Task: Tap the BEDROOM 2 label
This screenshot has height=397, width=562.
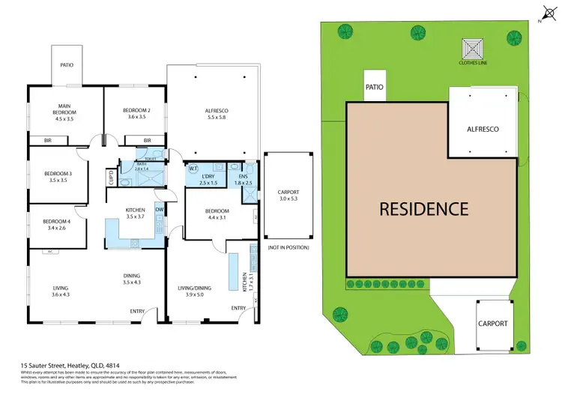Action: coord(137,114)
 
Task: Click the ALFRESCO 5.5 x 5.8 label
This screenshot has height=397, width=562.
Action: coord(216,114)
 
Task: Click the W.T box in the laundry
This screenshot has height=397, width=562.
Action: coord(193,169)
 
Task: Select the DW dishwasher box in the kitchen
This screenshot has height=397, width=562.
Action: coord(159,210)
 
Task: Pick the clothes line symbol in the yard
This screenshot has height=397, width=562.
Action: coord(474,50)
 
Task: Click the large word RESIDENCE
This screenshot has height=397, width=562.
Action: coord(423,208)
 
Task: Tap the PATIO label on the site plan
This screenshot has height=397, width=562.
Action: coord(375,87)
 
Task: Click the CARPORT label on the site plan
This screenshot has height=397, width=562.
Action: coord(492,324)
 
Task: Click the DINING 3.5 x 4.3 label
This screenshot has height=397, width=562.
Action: coord(131,279)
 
